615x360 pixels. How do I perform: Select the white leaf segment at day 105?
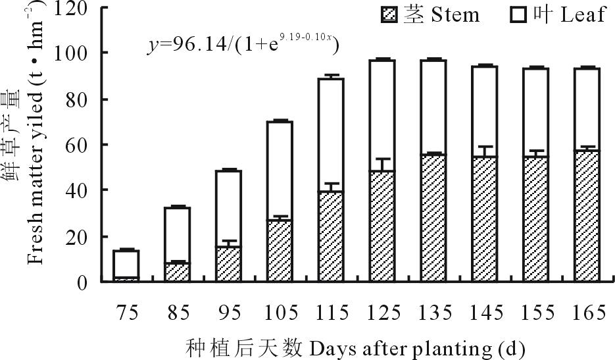280,170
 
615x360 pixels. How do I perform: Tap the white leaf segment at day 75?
126,263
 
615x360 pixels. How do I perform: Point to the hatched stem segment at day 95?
228,264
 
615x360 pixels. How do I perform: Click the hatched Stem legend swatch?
390,15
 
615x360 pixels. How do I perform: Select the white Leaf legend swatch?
522,15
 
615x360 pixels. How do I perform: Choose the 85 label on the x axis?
178,313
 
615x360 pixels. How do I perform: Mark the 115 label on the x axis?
333,313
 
